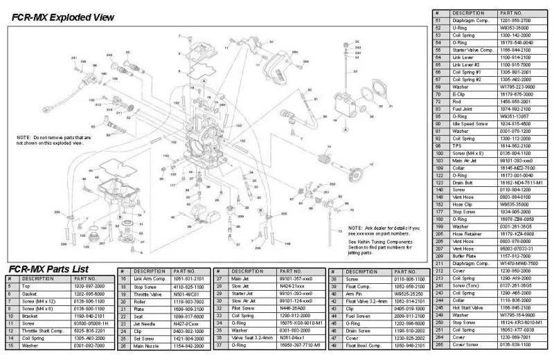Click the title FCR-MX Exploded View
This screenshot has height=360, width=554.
[x=57, y=15]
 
